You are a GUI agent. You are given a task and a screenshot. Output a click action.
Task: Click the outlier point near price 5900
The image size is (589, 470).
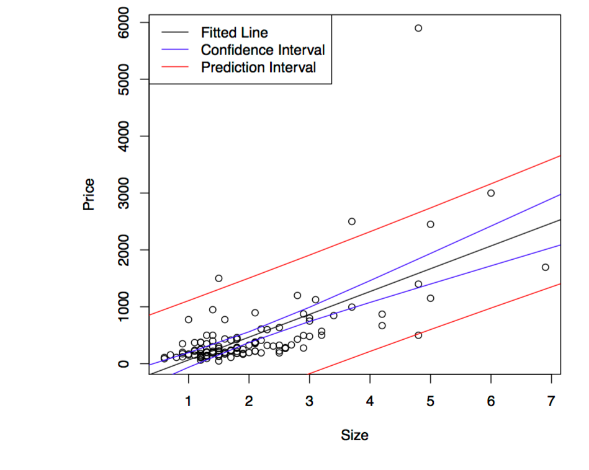coord(418,28)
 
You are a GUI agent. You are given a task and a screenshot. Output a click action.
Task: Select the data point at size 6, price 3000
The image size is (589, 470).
coord(491,193)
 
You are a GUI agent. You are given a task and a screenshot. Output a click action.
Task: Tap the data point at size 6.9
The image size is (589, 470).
coord(545,267)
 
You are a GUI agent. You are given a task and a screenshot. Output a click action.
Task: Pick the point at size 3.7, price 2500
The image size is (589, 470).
coord(352,221)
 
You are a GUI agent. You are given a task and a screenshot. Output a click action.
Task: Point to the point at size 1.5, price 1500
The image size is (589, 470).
coord(218,278)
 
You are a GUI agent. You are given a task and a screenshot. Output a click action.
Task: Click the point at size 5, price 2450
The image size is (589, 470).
coord(430,224)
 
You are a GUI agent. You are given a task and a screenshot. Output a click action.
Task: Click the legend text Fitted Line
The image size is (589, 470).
coord(234,32)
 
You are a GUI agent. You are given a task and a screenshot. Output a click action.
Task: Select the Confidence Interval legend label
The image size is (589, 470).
coord(263,50)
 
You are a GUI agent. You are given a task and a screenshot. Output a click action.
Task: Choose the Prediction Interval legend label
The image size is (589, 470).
coord(258,67)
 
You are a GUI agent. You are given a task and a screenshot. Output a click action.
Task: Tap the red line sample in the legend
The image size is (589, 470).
coord(175,67)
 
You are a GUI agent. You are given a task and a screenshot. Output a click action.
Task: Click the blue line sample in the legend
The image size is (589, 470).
coord(175,50)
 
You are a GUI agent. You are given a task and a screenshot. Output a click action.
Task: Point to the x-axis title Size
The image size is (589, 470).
coord(354,435)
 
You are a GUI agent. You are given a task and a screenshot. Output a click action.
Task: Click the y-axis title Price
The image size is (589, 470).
coord(89,194)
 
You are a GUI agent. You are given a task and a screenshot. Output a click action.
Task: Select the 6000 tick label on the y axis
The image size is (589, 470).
coord(125,23)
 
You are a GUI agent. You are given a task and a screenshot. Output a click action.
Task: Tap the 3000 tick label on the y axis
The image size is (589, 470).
coord(125,193)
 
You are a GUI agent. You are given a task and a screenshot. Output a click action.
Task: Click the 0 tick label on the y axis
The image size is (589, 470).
coord(125,364)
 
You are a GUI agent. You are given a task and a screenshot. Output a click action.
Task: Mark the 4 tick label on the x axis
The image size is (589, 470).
coord(370,401)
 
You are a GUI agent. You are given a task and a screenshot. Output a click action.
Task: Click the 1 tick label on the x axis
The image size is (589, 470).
coord(188,401)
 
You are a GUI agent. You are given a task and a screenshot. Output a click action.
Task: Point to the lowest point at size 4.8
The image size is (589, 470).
coord(418,335)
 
